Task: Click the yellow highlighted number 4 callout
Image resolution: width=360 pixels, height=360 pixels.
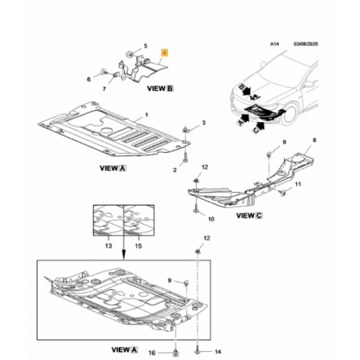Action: click(x=165, y=53)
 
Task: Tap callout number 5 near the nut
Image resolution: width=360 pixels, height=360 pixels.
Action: click(x=145, y=46)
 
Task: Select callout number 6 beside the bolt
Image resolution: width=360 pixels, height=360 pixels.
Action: click(x=89, y=79)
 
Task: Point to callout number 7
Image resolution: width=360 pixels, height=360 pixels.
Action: click(x=104, y=88)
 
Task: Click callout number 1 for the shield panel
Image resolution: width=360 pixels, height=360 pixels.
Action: click(x=147, y=115)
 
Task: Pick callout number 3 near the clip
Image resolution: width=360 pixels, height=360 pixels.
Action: click(x=204, y=123)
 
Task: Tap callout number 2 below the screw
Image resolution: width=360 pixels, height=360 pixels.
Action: click(x=174, y=170)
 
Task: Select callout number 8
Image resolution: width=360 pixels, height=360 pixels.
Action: click(x=315, y=140)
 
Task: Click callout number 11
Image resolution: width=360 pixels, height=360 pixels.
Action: click(x=298, y=184)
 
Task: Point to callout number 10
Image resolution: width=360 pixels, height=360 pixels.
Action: click(x=211, y=219)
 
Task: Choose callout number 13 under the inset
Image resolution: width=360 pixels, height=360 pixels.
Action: click(x=108, y=246)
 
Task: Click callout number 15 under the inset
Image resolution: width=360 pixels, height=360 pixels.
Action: click(x=139, y=246)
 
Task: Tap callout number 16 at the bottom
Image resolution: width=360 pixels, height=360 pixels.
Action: click(x=151, y=353)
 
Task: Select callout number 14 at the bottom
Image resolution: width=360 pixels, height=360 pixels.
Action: click(x=217, y=352)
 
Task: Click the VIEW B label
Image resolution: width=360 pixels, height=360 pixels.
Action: click(x=160, y=88)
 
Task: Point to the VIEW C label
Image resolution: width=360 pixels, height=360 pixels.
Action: click(x=249, y=216)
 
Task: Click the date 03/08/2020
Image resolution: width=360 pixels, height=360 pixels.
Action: click(x=306, y=44)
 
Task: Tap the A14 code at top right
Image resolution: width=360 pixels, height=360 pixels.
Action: click(x=275, y=44)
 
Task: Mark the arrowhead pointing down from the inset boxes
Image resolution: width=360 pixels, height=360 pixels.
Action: click(x=123, y=256)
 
